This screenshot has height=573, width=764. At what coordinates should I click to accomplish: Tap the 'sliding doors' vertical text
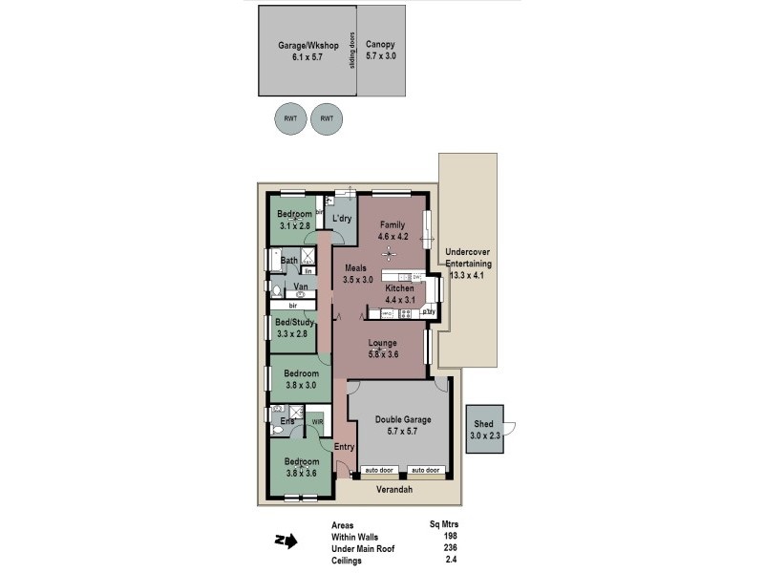(x=352, y=51)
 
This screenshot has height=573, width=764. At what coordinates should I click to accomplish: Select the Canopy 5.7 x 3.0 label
(x=380, y=51)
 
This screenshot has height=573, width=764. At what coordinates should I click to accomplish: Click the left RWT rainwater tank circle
(x=288, y=118)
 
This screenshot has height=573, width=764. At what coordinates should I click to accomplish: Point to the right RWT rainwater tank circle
(x=327, y=118)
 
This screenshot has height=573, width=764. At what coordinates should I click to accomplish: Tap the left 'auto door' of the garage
(x=378, y=470)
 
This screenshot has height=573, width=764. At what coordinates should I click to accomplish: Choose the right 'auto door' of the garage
(x=425, y=470)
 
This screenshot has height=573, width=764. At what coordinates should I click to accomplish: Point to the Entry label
(x=344, y=447)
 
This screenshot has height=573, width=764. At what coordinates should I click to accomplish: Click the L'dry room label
(x=343, y=220)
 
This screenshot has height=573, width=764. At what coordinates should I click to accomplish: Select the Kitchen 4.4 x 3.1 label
(x=399, y=292)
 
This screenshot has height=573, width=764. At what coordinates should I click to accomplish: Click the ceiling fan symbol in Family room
(x=388, y=253)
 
